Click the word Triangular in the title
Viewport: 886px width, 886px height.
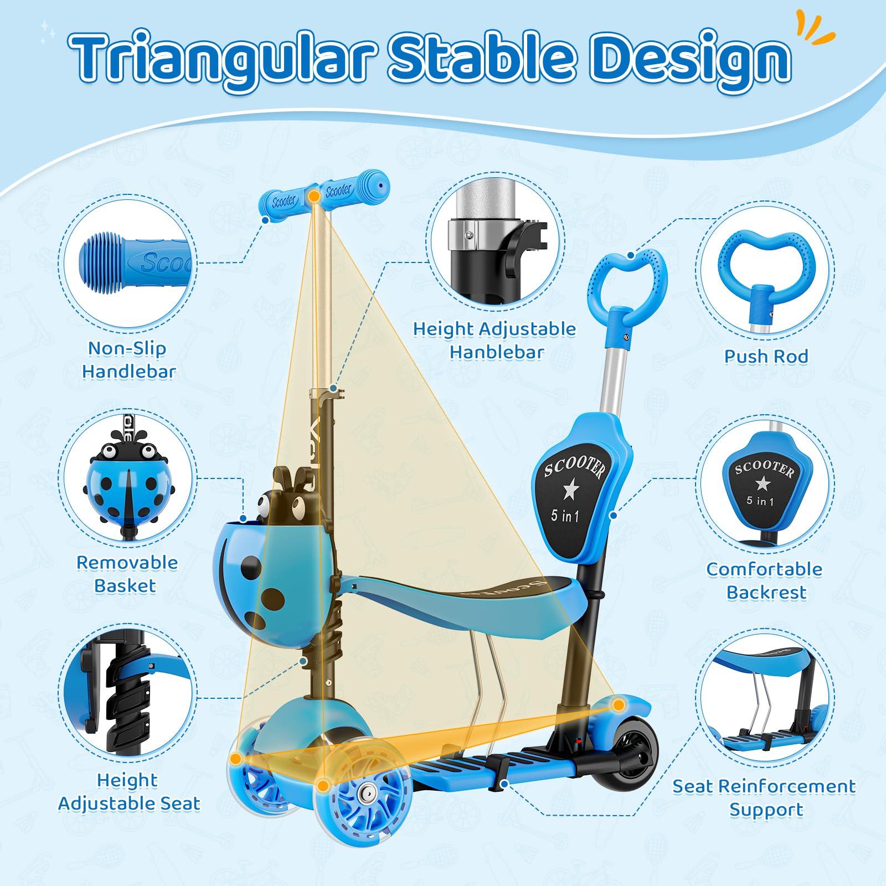pos(223,58)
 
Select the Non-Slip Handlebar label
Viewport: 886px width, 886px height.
pos(129,360)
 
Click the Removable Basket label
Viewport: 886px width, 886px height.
pos(127,574)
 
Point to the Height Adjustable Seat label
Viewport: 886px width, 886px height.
pos(129,792)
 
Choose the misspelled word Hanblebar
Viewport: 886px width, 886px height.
pos(497,352)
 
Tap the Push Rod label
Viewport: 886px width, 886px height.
pos(766,356)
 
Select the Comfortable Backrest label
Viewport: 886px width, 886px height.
pos(765,581)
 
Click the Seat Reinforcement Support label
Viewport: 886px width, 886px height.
pos(765,798)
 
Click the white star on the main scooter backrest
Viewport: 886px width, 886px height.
pos(570,489)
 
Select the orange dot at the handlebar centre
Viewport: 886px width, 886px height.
pos(314,195)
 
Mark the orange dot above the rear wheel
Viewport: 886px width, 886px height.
pos(619,705)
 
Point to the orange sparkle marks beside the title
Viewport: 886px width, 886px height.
pos(815,28)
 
